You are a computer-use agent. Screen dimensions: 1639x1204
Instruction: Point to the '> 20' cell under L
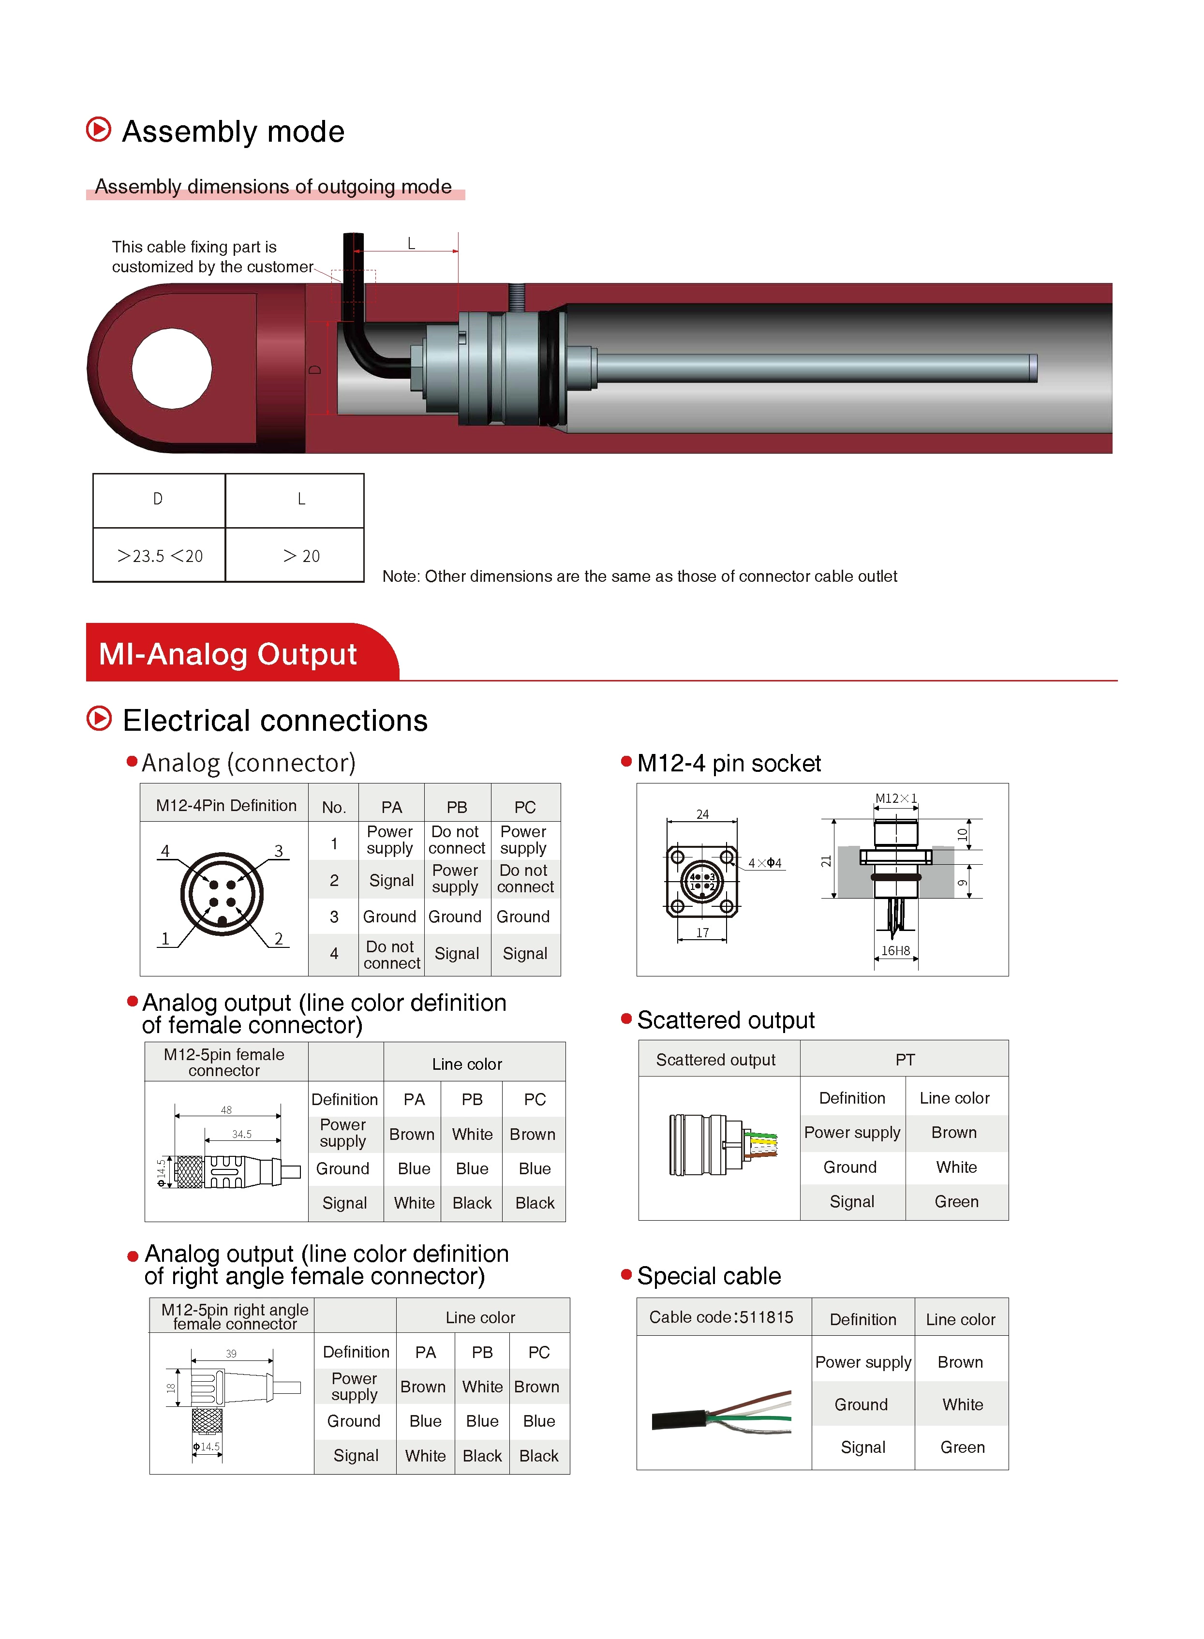[301, 556]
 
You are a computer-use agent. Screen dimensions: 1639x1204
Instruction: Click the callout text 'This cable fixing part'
[194, 247]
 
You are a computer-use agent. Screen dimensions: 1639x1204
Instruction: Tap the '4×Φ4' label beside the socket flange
[764, 863]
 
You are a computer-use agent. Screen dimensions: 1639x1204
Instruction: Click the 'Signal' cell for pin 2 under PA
[391, 880]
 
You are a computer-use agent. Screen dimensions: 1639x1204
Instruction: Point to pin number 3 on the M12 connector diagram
[279, 851]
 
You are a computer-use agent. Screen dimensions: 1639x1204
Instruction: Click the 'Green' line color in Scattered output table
[956, 1201]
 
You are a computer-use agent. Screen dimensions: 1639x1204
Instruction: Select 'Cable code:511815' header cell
[721, 1317]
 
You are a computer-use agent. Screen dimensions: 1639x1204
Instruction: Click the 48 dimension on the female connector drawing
[226, 1109]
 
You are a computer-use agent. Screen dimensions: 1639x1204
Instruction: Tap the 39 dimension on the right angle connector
[231, 1354]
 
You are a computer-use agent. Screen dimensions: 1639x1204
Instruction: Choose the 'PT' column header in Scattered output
[905, 1060]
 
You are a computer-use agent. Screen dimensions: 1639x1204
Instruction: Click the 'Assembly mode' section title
[233, 132]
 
